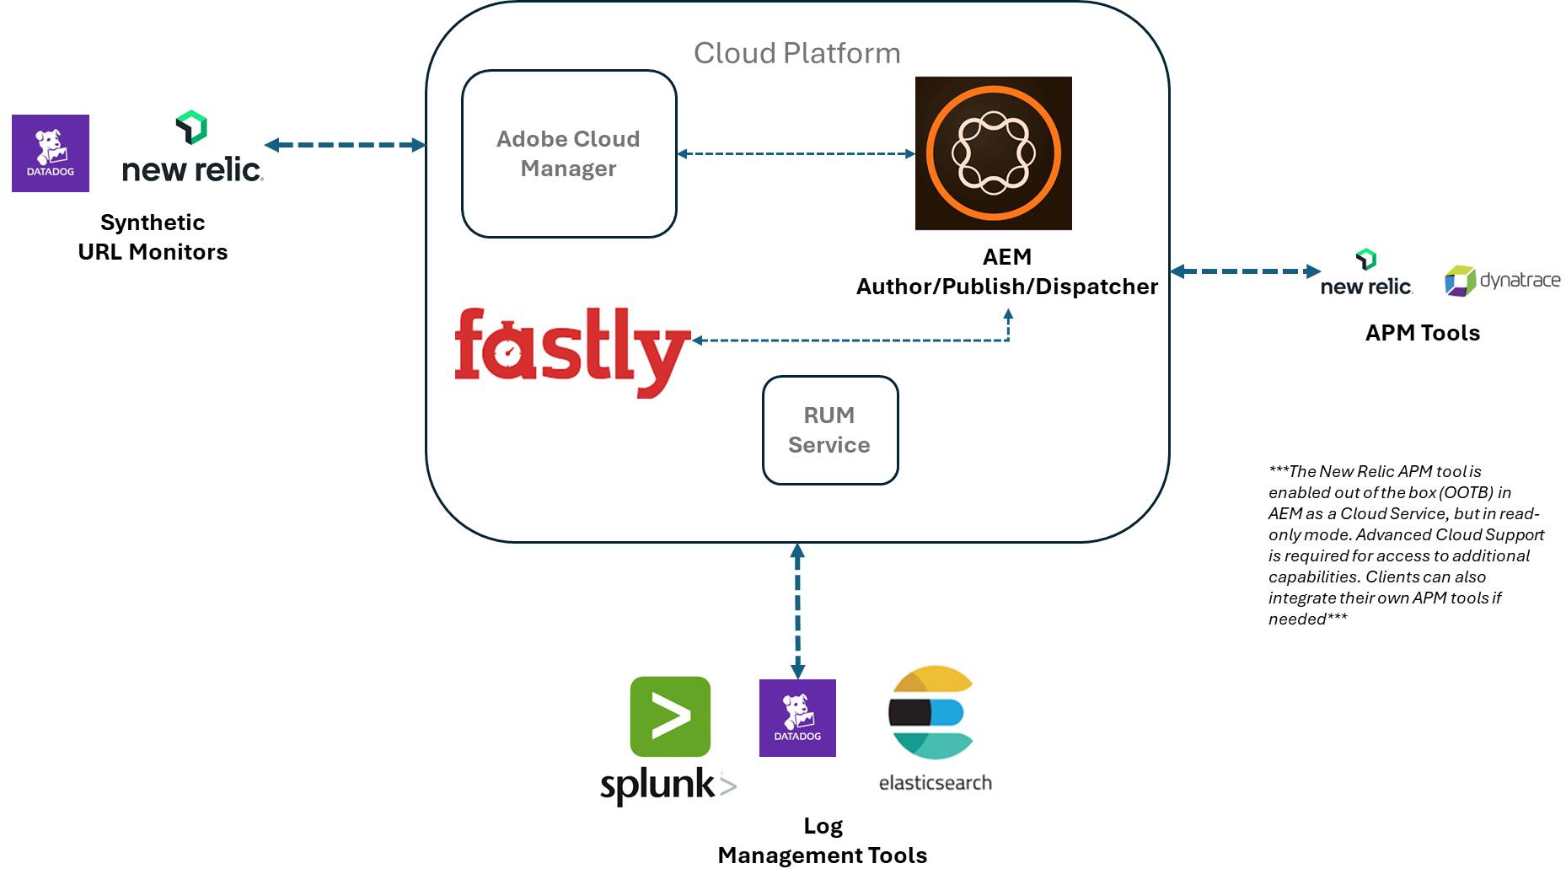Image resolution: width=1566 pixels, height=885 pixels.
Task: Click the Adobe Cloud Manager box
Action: coord(569,153)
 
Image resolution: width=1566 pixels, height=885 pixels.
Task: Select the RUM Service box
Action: coord(830,430)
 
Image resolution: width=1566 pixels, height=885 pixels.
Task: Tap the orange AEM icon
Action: coord(994,153)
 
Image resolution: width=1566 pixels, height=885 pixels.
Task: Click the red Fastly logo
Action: coord(572,352)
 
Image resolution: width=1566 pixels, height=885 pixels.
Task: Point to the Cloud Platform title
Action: coord(797,53)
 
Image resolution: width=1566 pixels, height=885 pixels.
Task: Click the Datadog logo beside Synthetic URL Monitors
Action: coord(51,153)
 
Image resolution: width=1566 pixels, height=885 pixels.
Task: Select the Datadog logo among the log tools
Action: coord(797,718)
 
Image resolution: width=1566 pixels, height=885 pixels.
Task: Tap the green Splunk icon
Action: coord(670,716)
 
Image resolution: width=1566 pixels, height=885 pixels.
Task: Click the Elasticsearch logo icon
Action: coord(931,712)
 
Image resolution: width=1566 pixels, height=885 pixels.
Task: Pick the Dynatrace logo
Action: coord(1503,281)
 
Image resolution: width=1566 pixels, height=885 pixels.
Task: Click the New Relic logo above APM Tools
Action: coord(1366,273)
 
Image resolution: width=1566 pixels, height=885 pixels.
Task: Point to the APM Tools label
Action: coord(1423,333)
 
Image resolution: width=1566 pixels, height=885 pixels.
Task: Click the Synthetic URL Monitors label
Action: coord(153,237)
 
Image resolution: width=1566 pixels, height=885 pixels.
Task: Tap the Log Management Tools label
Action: coord(823,840)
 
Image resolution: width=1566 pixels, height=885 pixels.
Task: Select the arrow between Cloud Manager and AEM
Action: coord(796,153)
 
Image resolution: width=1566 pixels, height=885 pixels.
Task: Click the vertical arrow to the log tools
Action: coord(797,611)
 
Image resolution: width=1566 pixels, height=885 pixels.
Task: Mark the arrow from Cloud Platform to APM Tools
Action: coord(1246,271)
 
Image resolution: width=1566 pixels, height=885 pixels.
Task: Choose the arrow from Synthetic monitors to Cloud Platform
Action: coord(345,145)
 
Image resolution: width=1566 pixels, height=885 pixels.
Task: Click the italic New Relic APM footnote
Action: coord(1406,544)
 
